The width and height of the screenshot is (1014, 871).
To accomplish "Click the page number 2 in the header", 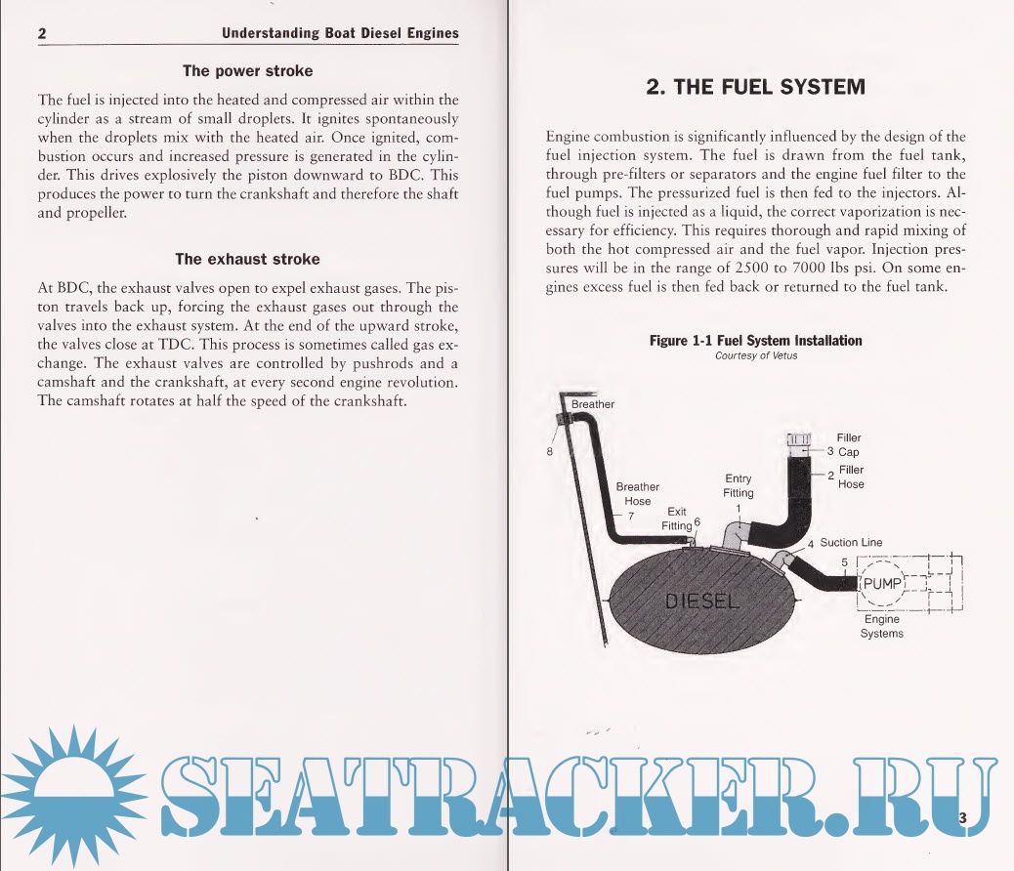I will (43, 34).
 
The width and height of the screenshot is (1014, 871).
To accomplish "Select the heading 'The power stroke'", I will (248, 71).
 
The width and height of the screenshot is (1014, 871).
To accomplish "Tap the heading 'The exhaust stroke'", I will (247, 259).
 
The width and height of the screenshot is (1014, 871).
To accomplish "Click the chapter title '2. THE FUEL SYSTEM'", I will (756, 86).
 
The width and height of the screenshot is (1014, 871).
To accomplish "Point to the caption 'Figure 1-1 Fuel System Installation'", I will (756, 341).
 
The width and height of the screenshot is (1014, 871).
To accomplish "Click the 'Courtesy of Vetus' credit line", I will (756, 355).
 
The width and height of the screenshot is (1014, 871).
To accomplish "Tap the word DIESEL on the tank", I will (702, 601).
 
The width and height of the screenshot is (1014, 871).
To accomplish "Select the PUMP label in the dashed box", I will (882, 584).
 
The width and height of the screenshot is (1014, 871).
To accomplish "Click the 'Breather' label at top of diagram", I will (593, 404).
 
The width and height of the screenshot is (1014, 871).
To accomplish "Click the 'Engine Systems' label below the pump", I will (882, 626).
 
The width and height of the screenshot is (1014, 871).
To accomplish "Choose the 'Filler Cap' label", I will (849, 445).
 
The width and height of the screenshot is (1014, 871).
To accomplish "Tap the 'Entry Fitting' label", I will (739, 485).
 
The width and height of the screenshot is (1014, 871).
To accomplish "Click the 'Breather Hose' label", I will (638, 494).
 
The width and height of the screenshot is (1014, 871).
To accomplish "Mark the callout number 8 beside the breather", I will (550, 452).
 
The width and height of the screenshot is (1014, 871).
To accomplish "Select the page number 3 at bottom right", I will (963, 818).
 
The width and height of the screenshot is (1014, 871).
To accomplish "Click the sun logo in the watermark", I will (74, 790).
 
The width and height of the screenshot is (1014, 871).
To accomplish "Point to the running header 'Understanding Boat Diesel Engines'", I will (340, 33).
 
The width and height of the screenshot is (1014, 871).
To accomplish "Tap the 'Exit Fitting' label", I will (676, 518).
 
